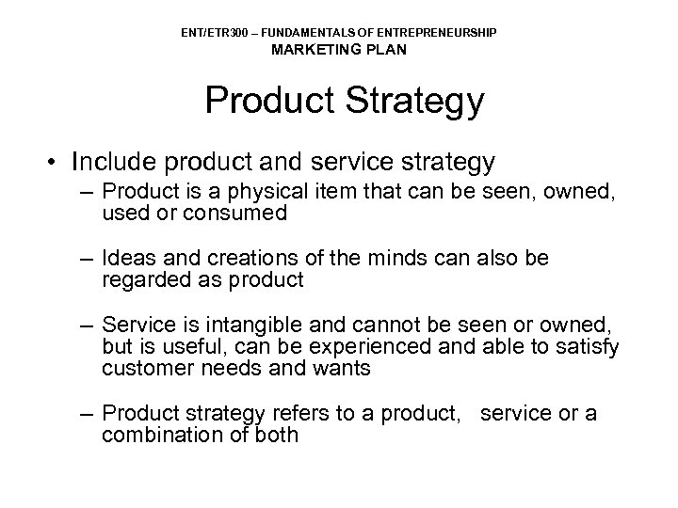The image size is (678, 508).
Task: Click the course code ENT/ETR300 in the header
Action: coord(210,33)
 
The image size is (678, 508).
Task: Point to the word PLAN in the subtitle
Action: coord(388,50)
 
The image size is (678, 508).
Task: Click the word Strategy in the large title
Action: coord(412,101)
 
